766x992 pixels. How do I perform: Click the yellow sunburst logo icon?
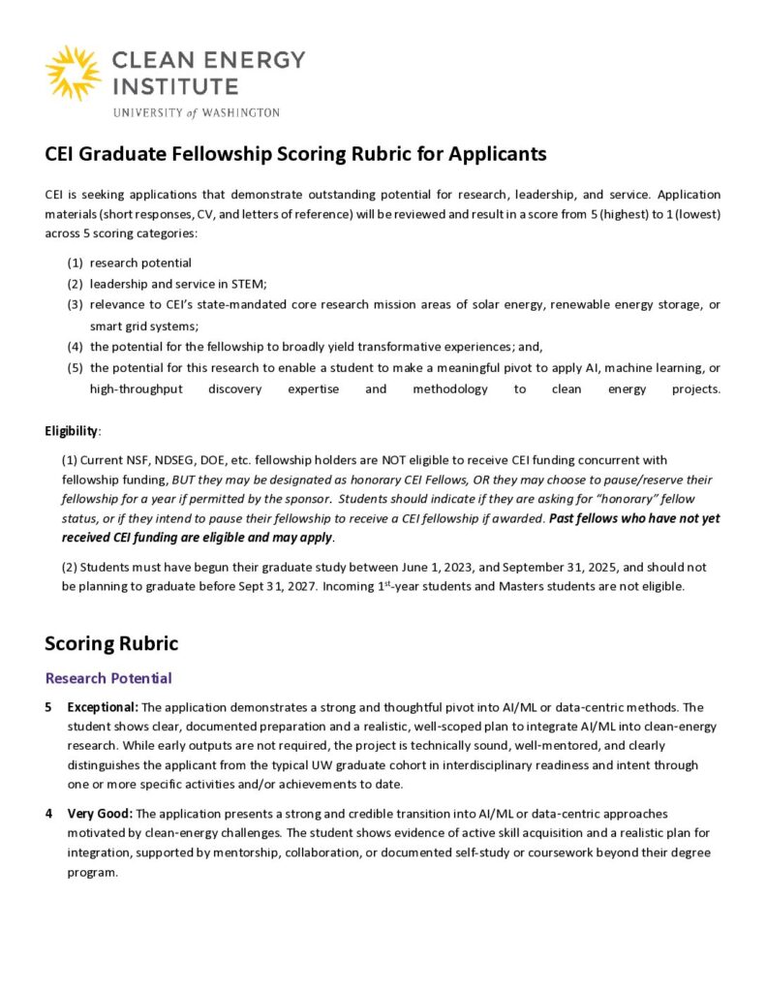[x=73, y=73]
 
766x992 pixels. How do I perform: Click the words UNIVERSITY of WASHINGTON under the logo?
[x=196, y=112]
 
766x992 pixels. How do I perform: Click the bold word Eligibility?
[x=71, y=430]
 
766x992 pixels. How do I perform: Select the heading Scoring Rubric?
[x=111, y=643]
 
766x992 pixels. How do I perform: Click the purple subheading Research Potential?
[x=108, y=678]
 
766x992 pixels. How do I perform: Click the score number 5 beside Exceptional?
[x=48, y=707]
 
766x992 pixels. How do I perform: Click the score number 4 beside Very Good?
[x=48, y=814]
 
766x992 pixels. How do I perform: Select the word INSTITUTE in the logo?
[x=175, y=85]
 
